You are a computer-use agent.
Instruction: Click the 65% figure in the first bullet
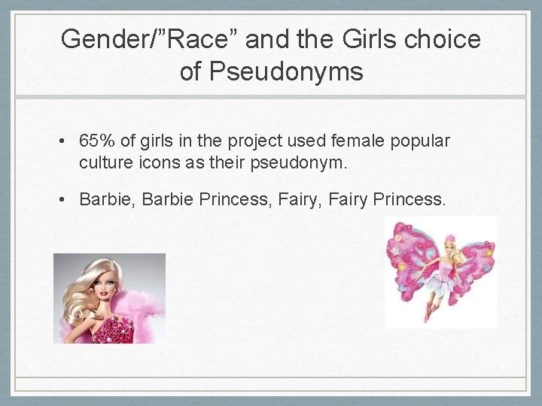coord(95,141)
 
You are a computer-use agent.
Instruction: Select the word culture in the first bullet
coord(103,161)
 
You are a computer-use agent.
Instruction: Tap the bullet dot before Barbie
coord(67,200)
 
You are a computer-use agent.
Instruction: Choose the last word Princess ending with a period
coord(410,199)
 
